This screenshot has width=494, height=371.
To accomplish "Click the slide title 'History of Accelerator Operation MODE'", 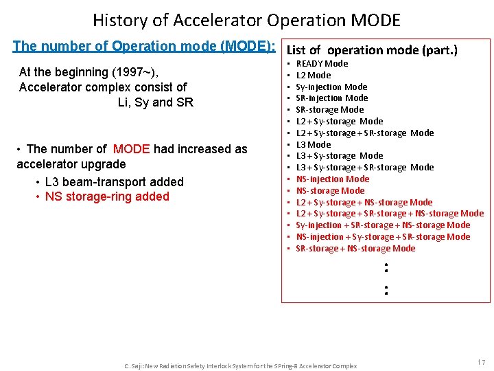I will click(246, 20).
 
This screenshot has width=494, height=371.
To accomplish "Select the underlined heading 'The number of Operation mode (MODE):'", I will click(144, 47).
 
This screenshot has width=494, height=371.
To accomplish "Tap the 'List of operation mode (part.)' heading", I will click(371, 49).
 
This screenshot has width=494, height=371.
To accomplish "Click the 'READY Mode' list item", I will click(322, 63).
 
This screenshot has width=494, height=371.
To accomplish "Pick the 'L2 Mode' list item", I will click(313, 75).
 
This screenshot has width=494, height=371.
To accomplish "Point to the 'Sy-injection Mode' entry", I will click(331, 87).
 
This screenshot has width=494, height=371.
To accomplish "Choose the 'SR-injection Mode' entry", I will click(331, 98).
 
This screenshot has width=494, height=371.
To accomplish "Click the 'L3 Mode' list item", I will click(313, 144).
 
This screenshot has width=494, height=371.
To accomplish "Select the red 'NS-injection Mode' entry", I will click(332, 179).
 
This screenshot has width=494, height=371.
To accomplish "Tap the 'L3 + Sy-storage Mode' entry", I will click(339, 156).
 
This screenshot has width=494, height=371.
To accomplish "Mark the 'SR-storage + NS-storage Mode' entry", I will click(355, 248).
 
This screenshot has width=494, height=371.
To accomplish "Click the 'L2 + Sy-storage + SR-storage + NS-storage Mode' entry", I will click(389, 214).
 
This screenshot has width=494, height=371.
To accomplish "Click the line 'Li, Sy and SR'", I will click(155, 102).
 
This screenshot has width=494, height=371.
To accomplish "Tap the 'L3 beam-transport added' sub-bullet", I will click(114, 182).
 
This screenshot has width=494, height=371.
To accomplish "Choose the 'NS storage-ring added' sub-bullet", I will click(106, 196).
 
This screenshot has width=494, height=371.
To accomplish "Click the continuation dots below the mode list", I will click(386, 278).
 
